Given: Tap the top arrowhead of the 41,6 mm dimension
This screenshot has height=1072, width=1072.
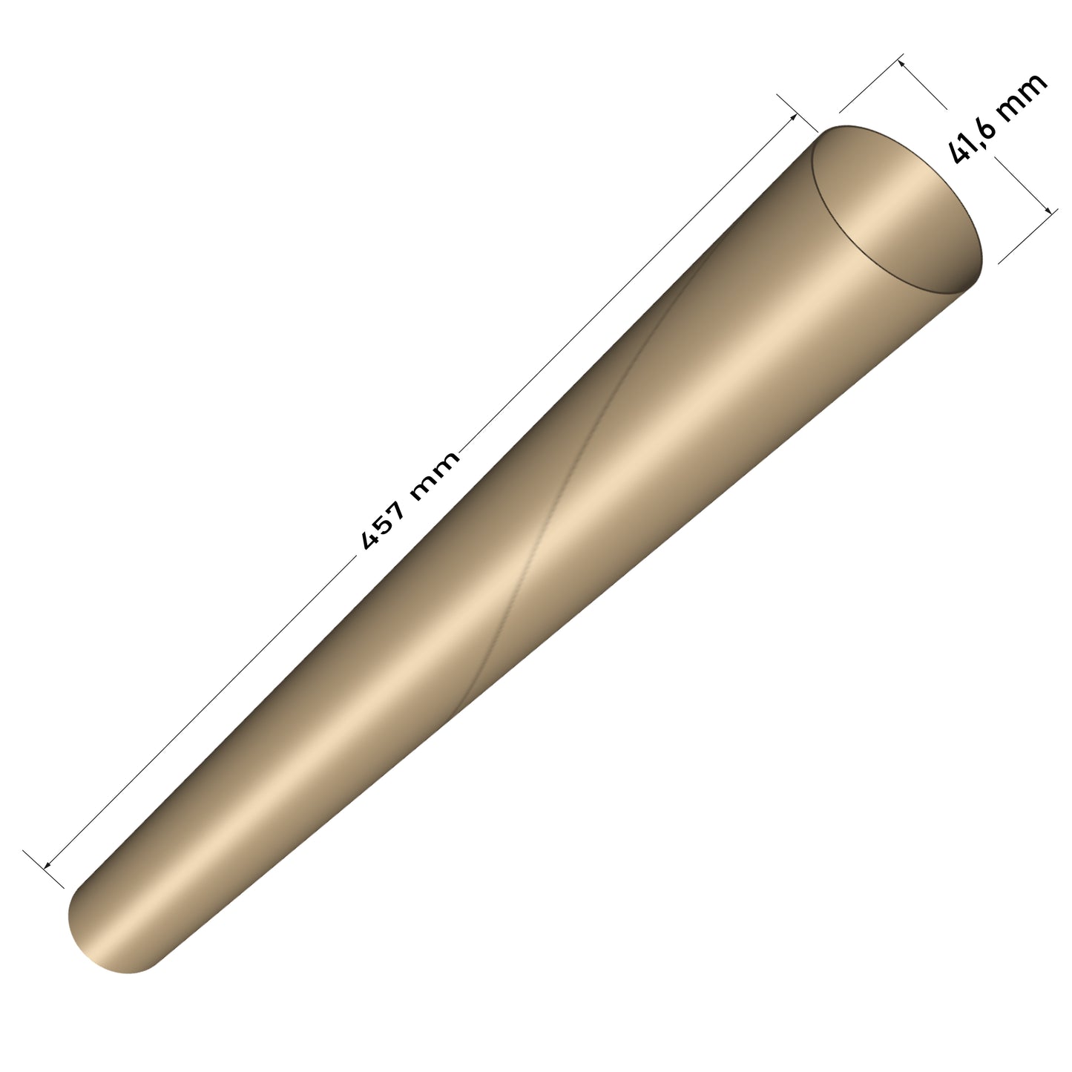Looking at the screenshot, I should click(x=903, y=65).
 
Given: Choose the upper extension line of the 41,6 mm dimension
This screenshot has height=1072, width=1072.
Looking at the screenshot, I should click(x=872, y=83).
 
